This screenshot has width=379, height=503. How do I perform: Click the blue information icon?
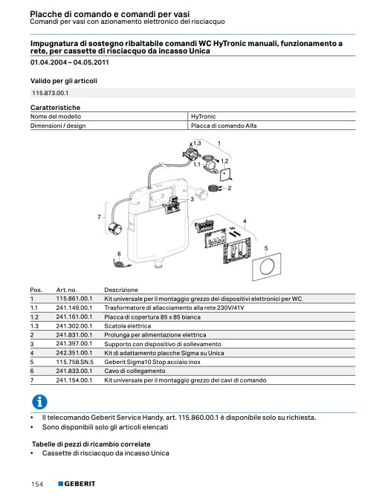(39, 402)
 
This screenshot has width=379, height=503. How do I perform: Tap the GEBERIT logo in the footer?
(77, 484)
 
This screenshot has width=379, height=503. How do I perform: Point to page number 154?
(37, 484)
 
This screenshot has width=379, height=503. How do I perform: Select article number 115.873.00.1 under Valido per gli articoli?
(50, 93)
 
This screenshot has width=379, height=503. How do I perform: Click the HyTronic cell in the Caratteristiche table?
(203, 117)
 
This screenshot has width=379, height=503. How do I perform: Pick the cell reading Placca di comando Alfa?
(224, 126)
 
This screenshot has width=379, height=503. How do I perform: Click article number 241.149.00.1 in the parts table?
(74, 308)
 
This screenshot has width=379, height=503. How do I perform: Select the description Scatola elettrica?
(127, 326)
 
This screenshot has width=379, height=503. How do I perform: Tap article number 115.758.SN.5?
(75, 362)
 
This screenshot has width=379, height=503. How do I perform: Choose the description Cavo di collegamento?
(135, 371)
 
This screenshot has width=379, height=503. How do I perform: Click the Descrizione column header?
(121, 290)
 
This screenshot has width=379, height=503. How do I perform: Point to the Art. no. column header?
(66, 290)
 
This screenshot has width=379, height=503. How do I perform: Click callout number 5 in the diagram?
(266, 248)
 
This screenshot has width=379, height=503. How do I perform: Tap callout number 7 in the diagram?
(99, 217)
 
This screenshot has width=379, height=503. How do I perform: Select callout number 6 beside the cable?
(119, 254)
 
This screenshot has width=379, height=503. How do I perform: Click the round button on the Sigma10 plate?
(266, 267)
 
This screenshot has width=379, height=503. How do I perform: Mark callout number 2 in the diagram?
(230, 188)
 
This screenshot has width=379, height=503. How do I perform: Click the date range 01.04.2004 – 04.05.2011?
(70, 62)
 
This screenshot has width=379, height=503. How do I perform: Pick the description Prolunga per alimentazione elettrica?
(155, 335)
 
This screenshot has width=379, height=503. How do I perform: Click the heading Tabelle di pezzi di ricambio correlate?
(91, 444)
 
